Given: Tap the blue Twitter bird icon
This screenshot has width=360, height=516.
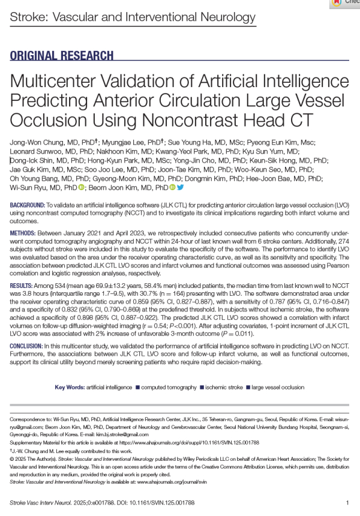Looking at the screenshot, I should coord(179,188).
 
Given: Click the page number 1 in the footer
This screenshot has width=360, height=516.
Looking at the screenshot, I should coord(347,502).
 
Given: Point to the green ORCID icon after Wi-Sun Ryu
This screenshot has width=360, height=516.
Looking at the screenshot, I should coord(81,188).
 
